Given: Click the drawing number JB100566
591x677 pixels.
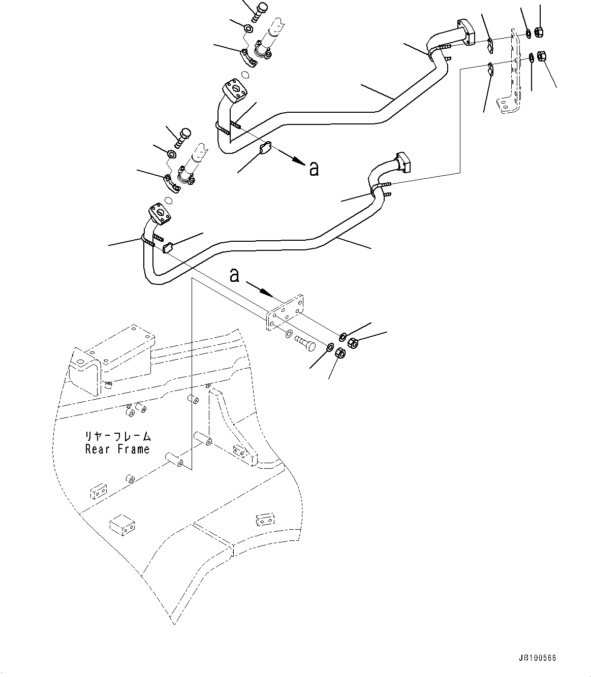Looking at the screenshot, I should coord(538,658).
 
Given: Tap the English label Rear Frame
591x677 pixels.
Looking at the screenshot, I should coord(117,449).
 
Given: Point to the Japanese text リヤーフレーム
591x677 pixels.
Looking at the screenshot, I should coord(118,436).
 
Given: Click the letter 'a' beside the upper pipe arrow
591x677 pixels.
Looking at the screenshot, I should coord(314,169).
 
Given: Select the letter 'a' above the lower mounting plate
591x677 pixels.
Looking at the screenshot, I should coord(234,275).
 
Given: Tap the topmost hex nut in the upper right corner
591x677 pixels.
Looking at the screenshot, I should coord(540,31).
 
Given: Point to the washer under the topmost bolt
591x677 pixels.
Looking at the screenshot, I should coord(248,28).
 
